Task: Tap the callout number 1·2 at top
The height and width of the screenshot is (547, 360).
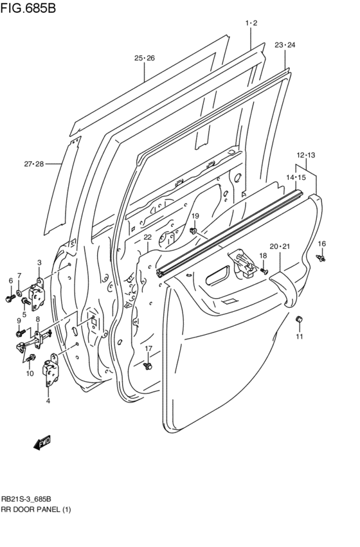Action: point(251,23)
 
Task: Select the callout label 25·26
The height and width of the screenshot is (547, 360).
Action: point(145,58)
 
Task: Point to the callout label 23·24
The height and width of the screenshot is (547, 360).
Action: point(285,45)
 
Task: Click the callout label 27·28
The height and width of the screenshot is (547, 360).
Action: point(33,165)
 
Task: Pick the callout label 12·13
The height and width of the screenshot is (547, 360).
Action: point(306,155)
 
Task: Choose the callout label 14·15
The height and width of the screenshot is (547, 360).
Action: point(296,177)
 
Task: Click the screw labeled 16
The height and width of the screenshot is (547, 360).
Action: point(322,258)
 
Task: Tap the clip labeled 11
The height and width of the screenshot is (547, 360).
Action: point(298,319)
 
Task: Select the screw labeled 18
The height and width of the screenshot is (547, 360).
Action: point(264,271)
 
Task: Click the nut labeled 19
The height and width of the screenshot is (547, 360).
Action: point(194,231)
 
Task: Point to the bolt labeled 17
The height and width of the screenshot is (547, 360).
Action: point(148,366)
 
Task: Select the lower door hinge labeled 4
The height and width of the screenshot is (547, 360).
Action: point(50,374)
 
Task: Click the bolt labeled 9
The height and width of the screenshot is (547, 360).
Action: point(20,332)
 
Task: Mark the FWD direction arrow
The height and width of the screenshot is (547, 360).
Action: point(41,443)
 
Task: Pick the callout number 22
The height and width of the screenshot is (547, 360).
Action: point(147,237)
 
